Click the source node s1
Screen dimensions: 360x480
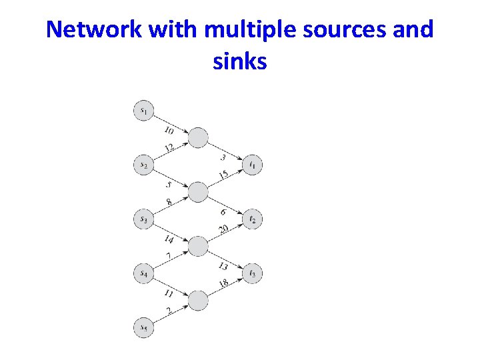pos(143,110)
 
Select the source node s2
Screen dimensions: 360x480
pos(143,165)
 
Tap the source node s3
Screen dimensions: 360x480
pos(143,219)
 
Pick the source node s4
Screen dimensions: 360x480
pos(143,273)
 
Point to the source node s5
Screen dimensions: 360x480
pos(143,327)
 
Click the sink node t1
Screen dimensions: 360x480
pos(252,165)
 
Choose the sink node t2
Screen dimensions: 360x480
pos(252,219)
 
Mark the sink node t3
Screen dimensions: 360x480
pos(252,273)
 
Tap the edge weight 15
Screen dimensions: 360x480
pos(223,175)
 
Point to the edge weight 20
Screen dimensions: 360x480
pos(223,229)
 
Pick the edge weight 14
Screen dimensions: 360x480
pos(169,239)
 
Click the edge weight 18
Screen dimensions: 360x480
pos(223,283)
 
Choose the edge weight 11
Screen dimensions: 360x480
pos(169,294)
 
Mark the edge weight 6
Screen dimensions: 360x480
pos(224,211)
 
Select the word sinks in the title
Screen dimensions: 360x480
pos(240,61)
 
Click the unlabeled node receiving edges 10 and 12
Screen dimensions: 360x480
pos(198,138)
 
